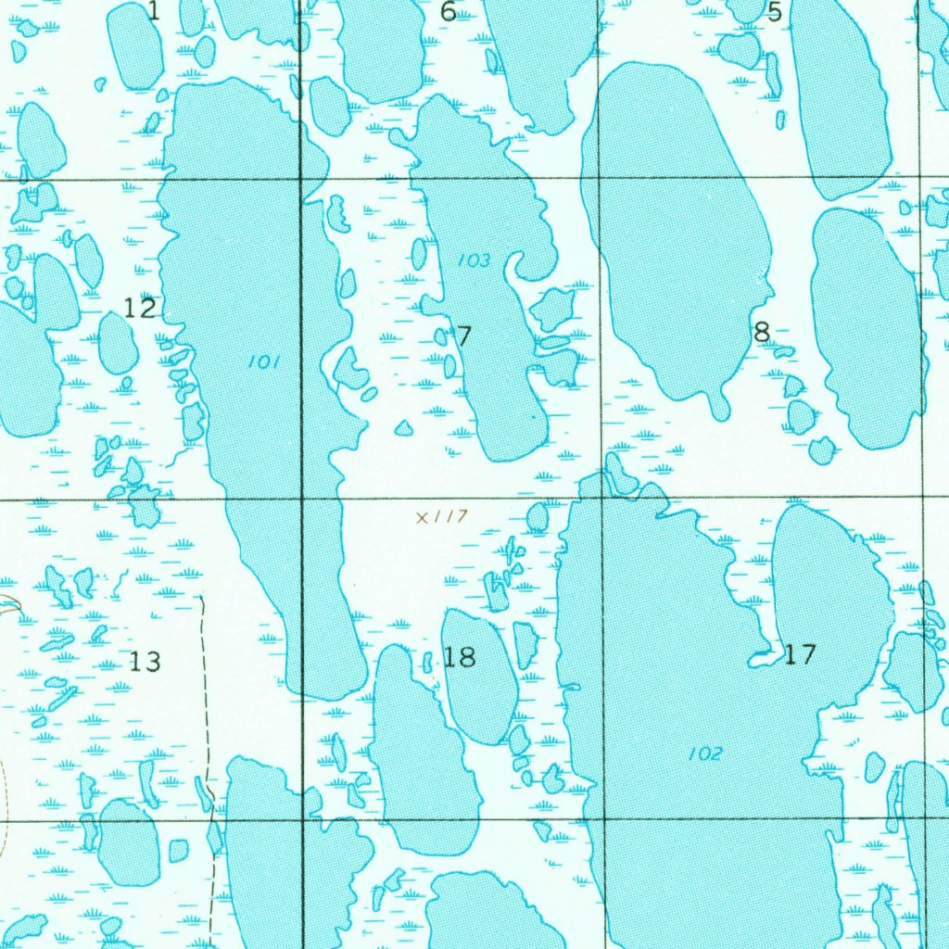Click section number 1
(x=154, y=11)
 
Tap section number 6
(x=449, y=12)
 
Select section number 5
(x=775, y=12)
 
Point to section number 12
(x=140, y=308)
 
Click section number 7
(x=464, y=336)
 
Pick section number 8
(x=762, y=332)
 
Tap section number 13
(x=145, y=662)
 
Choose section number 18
(x=460, y=657)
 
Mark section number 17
(x=800, y=654)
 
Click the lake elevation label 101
(x=264, y=362)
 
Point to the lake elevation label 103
(x=474, y=260)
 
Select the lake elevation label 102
(x=705, y=754)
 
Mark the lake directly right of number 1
(x=192, y=17)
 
